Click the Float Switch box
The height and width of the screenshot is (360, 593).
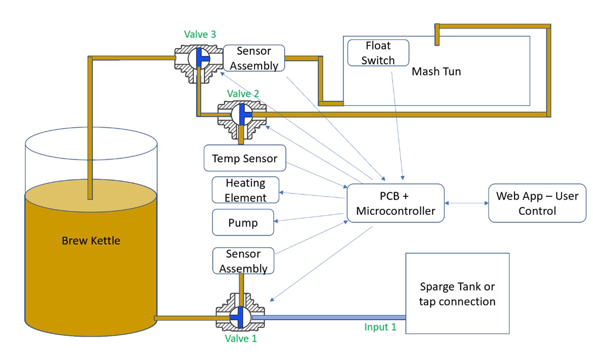point(378,53)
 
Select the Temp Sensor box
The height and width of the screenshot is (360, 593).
point(244,158)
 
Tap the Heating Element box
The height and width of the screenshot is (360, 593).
point(245,190)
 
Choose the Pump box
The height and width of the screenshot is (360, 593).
point(243,223)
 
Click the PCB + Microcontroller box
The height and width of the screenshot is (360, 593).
point(395,203)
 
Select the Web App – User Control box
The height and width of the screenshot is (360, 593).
point(537,203)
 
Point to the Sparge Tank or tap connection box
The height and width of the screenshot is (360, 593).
point(457,294)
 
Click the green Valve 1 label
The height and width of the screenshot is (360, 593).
point(241,338)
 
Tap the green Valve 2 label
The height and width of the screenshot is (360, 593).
point(243,94)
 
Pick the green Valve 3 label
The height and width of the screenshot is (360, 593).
point(200,34)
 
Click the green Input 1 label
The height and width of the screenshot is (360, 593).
point(380,327)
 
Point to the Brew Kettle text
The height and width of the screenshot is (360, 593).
point(91,241)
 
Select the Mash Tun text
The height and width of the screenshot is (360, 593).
point(436,72)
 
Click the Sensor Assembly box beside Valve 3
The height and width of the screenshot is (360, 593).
point(254,58)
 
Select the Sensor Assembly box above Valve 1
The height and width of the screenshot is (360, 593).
point(243,261)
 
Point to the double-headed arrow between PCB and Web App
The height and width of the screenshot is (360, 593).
point(466,203)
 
